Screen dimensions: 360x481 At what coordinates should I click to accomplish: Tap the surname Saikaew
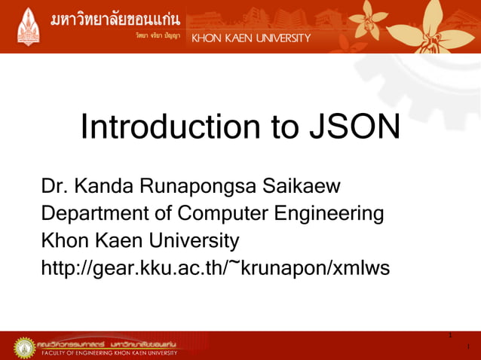pos(300,186)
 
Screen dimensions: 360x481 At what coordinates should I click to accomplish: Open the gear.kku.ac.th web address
pos(215,267)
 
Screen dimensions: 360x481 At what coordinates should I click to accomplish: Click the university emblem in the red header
pos(28,26)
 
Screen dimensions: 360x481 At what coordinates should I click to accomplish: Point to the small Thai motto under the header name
pos(158,36)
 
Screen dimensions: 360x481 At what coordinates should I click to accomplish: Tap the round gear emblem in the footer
pos(24,347)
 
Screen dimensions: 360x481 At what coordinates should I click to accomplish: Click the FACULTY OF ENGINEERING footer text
pos(109,352)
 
